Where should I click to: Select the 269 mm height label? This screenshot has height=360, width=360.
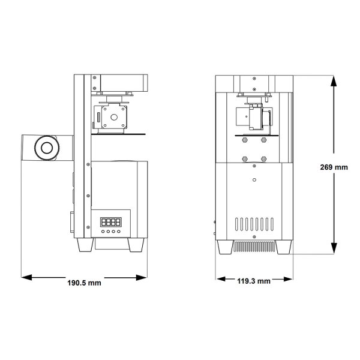tap(334, 167)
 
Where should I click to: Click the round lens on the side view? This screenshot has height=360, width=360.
tap(46, 148)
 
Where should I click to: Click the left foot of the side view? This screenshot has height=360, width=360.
tap(86, 245)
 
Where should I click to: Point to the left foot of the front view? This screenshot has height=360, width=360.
tap(227, 248)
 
